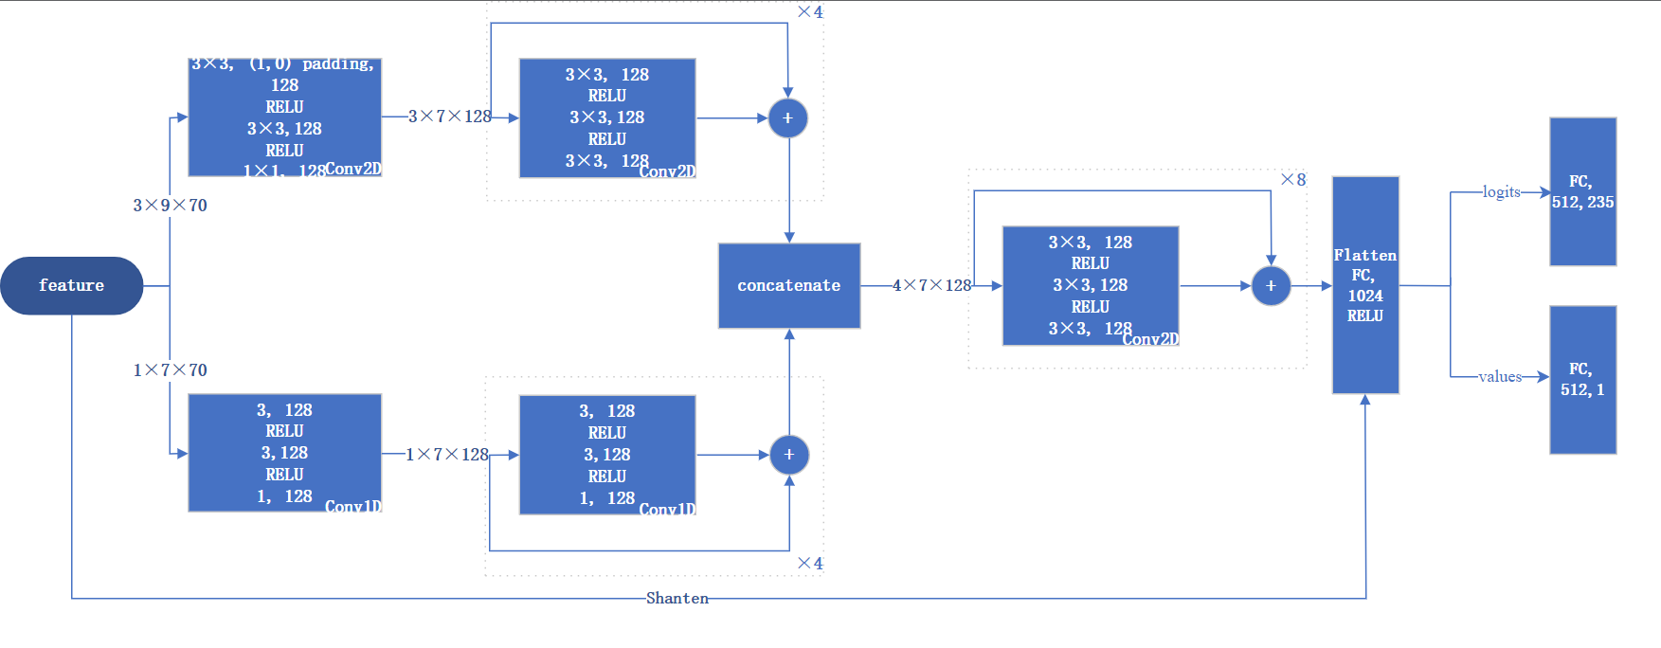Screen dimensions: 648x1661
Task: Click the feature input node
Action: pos(71,285)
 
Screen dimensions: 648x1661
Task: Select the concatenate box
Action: pos(788,285)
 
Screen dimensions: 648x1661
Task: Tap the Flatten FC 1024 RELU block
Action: pos(1364,284)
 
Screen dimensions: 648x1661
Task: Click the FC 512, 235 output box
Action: pos(1582,191)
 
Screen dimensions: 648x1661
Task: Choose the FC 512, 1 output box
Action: pos(1582,379)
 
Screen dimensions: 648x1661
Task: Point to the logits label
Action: pos(1501,192)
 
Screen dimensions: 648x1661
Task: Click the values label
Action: pos(1500,377)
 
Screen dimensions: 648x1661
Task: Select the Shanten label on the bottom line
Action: pos(677,598)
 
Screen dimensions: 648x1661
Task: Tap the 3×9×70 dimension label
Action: pos(170,206)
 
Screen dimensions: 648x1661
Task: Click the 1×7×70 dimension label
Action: pos(170,370)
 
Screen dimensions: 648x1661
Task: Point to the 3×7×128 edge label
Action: pos(449,117)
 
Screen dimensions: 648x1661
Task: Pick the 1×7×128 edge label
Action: pos(447,455)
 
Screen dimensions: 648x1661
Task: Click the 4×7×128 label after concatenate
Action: pos(931,285)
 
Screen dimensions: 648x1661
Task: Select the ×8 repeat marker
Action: pos(1292,180)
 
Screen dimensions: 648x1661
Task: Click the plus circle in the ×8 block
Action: pos(1271,285)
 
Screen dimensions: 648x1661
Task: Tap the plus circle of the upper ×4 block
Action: pos(787,118)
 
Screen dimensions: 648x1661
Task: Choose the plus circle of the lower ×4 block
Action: pos(788,455)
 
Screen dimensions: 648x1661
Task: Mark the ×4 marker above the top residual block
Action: pos(810,12)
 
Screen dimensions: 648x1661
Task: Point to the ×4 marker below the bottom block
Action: pos(810,564)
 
